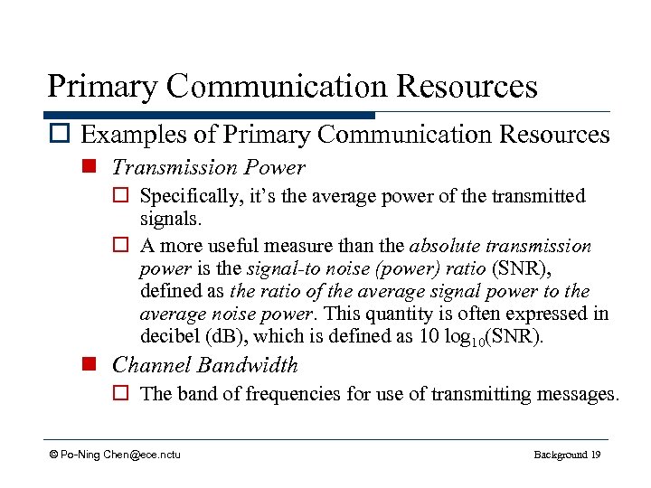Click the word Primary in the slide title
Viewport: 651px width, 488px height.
point(102,87)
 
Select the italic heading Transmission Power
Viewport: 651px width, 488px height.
point(208,168)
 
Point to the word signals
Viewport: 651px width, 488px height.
point(168,220)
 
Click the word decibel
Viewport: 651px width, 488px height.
point(168,338)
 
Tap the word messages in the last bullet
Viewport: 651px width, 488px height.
point(576,394)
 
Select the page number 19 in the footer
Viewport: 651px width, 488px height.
point(594,454)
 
